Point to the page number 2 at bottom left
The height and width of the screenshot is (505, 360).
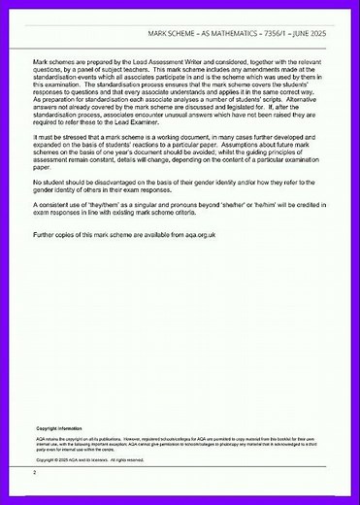coord(34,473)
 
